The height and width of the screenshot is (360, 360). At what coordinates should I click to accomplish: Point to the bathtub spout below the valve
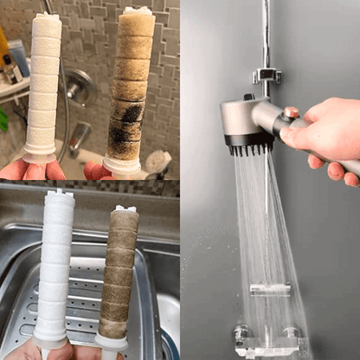tap(80, 137)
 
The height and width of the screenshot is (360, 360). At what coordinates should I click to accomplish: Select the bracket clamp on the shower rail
tap(267, 75)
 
